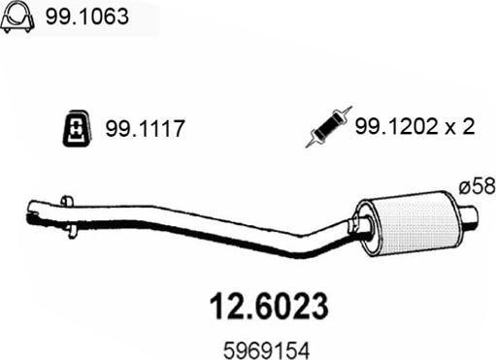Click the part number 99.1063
86,16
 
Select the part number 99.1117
145,128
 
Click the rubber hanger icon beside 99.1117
77,129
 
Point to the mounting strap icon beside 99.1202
328,127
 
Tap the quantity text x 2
460,126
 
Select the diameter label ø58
478,186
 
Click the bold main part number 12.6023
269,306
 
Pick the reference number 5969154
267,350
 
